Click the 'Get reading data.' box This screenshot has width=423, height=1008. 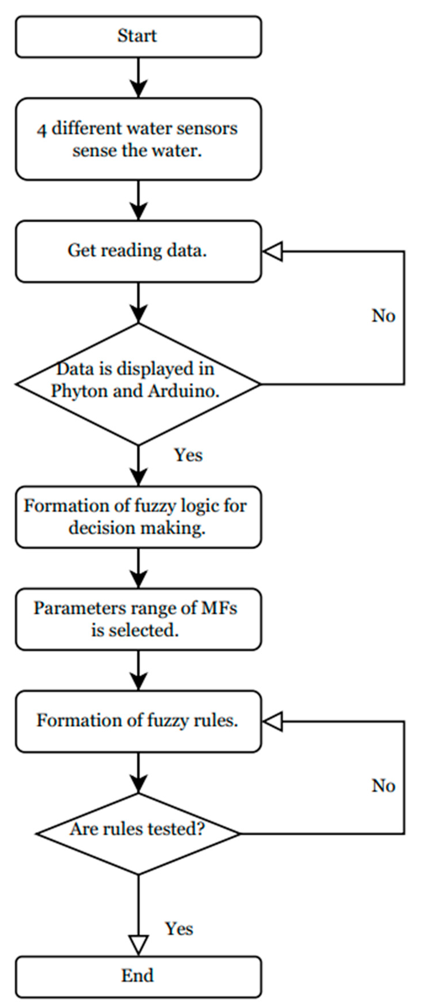[138, 251]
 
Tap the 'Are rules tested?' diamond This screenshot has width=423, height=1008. [138, 834]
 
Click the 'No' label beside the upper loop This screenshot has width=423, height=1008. [383, 316]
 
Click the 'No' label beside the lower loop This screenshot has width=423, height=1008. [383, 785]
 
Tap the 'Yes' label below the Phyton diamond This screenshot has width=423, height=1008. [189, 455]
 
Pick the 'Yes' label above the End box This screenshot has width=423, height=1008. [179, 929]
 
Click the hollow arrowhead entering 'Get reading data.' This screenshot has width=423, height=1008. [272, 251]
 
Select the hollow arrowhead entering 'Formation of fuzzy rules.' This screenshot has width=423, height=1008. [272, 721]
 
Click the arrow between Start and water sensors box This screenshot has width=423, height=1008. [139, 78]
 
